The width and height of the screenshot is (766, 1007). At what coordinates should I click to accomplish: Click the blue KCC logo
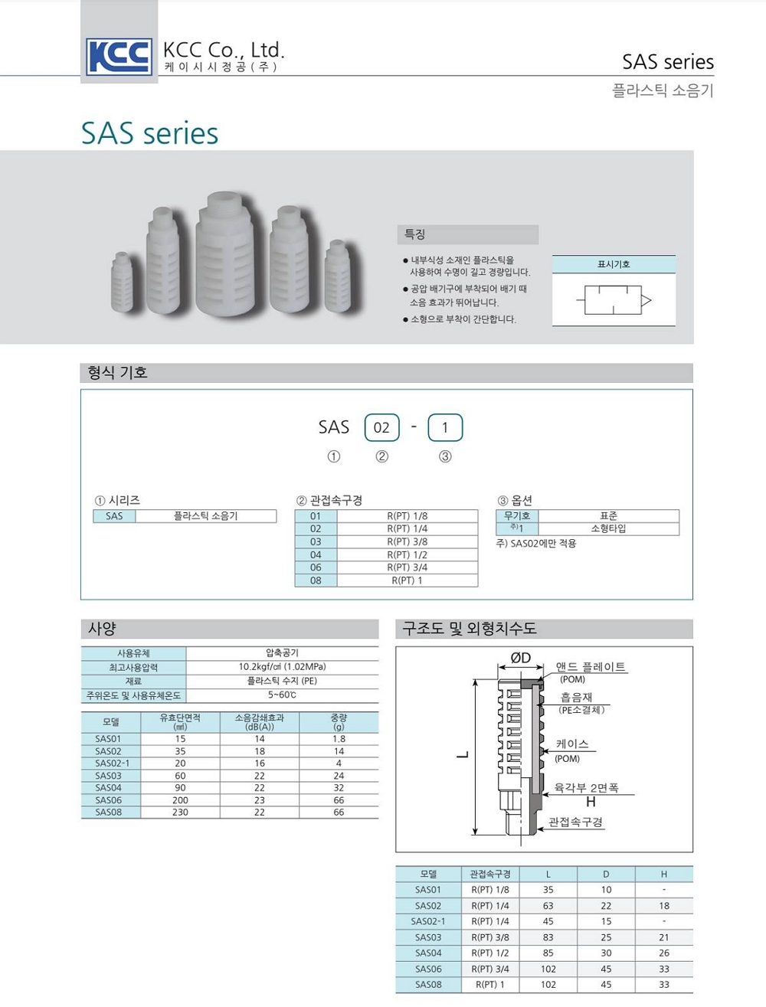[119, 57]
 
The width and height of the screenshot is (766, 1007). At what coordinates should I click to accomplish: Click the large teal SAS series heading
[149, 133]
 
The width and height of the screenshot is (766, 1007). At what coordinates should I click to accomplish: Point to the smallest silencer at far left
[122, 281]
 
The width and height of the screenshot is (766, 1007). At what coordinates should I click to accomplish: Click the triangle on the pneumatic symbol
[646, 300]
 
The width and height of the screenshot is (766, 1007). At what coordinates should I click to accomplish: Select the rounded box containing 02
[381, 427]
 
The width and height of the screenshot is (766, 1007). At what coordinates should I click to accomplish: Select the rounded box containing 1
[445, 427]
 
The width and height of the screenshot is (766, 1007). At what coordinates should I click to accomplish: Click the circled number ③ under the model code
[445, 456]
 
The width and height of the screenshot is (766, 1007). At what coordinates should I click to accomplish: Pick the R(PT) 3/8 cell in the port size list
[408, 541]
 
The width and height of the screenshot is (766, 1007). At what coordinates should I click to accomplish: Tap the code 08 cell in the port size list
[316, 580]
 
